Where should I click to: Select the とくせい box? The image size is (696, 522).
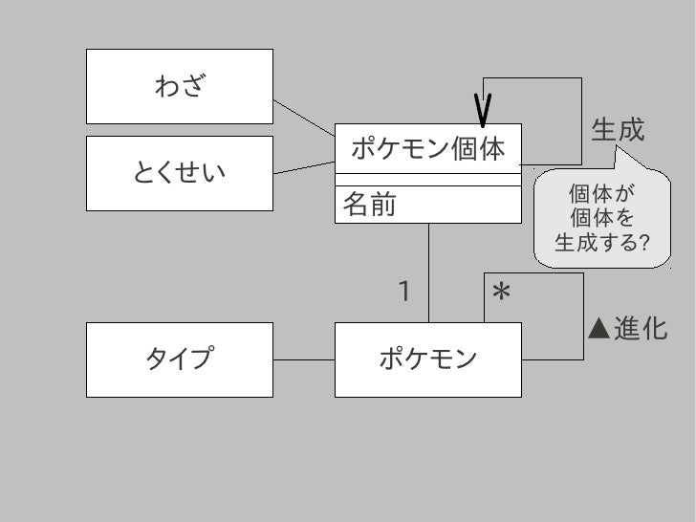(x=180, y=173)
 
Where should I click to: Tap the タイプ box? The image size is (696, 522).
(x=180, y=359)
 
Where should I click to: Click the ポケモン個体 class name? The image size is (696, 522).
(x=427, y=149)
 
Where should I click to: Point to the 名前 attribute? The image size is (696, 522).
(x=369, y=204)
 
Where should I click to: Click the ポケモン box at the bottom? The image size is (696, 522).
(x=427, y=359)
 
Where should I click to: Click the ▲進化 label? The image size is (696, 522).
(x=626, y=330)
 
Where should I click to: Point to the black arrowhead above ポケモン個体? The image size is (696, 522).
(x=484, y=110)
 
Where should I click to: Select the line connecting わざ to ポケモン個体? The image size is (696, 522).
(x=304, y=116)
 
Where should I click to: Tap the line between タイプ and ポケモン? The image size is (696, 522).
(x=303, y=359)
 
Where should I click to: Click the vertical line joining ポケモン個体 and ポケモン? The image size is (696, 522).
(x=429, y=272)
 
